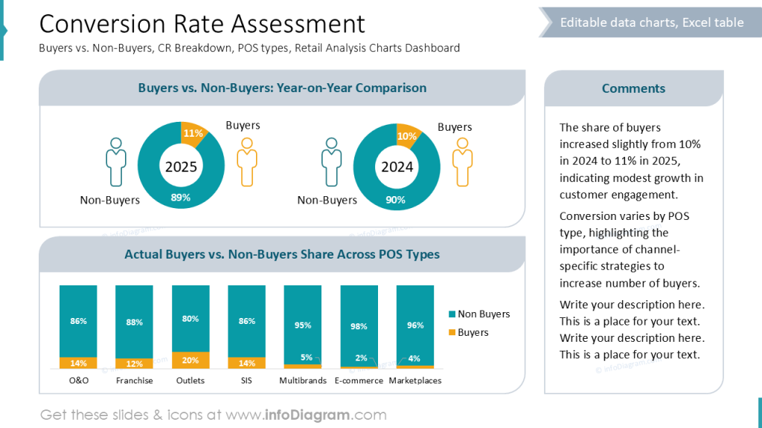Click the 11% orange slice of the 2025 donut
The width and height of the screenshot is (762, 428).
(193, 134)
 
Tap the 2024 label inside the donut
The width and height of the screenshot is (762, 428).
(397, 167)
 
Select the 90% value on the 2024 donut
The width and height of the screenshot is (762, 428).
(396, 200)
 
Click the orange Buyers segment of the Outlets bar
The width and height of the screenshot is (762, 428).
(190, 360)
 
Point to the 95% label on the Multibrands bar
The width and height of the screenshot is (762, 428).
(303, 325)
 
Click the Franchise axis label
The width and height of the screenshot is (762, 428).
(135, 380)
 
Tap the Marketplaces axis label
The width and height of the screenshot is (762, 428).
(415, 380)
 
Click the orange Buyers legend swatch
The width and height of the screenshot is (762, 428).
(451, 333)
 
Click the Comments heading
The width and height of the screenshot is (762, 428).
(633, 88)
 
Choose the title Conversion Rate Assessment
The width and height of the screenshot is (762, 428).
(202, 24)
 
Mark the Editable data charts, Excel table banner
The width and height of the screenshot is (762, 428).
(651, 22)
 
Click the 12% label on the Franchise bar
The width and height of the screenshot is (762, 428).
(135, 363)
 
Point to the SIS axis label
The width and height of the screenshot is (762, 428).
(247, 380)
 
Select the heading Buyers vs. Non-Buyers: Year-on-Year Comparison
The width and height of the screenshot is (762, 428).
(282, 88)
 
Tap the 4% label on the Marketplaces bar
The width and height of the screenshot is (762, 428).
(414, 359)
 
